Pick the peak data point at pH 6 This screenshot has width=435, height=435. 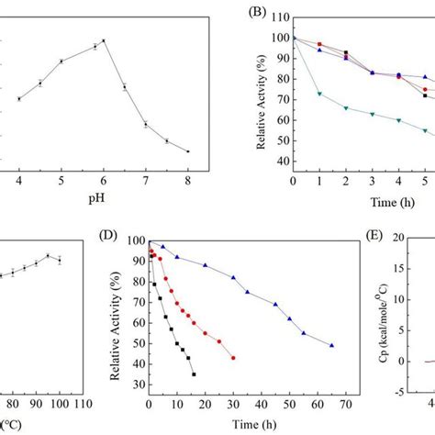104,40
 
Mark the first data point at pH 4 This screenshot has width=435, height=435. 19,99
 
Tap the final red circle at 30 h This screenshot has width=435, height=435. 233,358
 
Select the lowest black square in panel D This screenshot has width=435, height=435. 194,374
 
